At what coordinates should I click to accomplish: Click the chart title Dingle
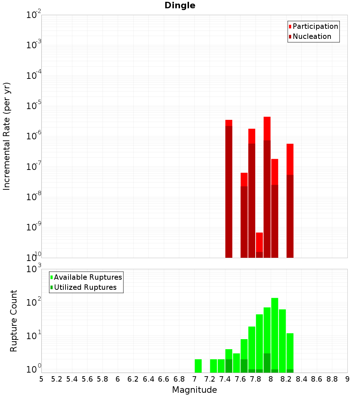180,5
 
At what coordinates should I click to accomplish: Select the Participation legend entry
315,26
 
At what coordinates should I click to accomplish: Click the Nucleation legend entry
311,36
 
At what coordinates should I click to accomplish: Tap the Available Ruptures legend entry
87,277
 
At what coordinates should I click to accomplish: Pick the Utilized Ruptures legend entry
85,287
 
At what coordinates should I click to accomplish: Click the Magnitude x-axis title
194,390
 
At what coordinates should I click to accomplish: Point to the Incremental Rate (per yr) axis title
7,136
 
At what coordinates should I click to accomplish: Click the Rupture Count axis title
14,320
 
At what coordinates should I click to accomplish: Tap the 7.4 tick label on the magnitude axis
225,379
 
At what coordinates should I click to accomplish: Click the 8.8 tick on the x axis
332,379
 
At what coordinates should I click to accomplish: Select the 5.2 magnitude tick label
57,379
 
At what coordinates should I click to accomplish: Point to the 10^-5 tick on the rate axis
34,106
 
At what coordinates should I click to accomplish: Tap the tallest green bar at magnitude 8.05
275,335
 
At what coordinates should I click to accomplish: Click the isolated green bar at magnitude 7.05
198,366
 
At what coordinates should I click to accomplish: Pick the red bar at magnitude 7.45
229,189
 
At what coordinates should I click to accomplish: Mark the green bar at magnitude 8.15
282,340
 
